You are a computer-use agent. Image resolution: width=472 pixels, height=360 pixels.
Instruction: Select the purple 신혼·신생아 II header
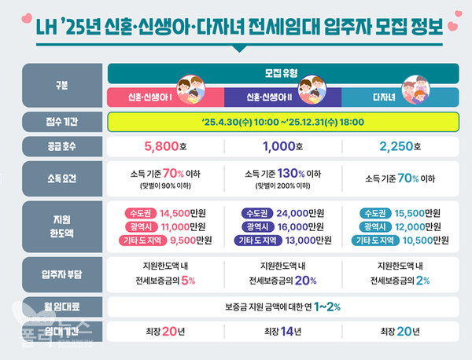[x=272, y=97]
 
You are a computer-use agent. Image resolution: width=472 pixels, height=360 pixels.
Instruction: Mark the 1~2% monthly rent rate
[x=327, y=307]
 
